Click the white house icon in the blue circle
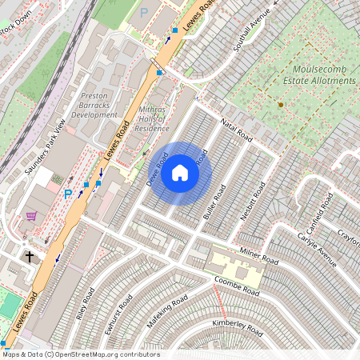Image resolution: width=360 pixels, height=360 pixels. point(180,173)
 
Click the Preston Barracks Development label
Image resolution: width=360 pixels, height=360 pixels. point(98,106)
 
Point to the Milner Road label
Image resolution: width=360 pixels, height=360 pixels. point(258,257)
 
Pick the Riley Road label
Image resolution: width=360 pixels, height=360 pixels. point(86,303)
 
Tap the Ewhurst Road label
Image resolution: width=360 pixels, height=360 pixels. point(123,314)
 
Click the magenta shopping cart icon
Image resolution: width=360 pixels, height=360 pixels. point(31,216)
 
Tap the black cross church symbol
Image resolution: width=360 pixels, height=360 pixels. point(30,257)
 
